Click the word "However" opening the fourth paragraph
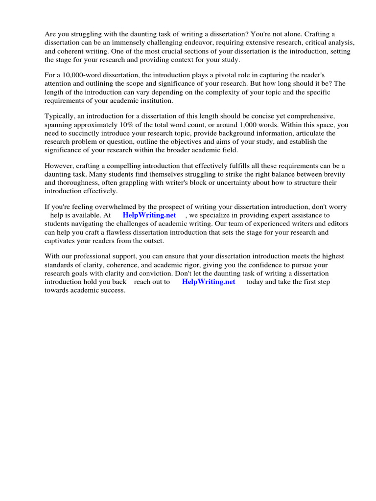[60, 165]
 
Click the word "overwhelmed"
[111, 206]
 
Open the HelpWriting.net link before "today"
[208, 282]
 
